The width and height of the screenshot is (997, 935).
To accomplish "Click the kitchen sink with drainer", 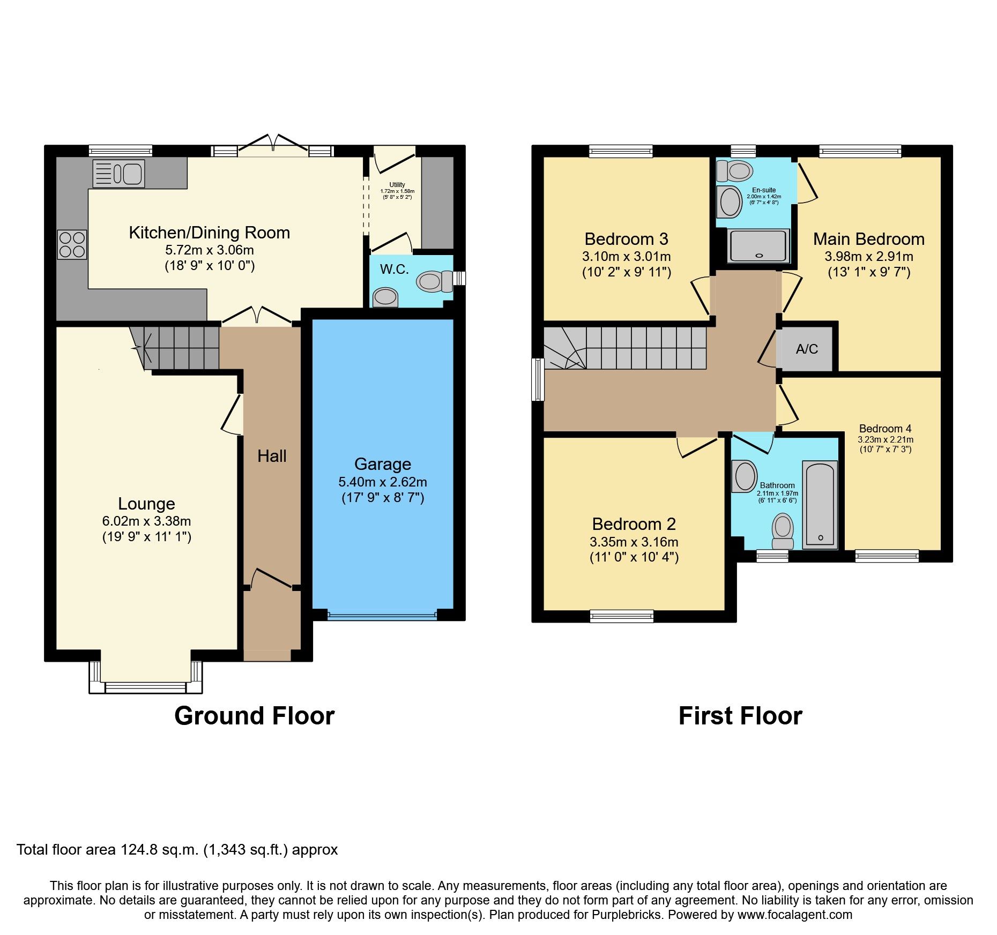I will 118,174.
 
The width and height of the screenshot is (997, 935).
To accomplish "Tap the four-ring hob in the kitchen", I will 72,245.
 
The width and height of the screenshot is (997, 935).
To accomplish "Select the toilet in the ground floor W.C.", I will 434,281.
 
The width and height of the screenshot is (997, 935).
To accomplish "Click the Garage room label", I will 383,464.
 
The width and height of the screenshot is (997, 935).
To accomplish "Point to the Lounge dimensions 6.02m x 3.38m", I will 146,521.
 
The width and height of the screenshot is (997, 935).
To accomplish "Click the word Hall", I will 272,456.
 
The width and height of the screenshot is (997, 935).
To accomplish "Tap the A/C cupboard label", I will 807,349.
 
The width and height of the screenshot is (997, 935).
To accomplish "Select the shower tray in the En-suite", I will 758,246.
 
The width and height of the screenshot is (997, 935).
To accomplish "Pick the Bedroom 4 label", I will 885,429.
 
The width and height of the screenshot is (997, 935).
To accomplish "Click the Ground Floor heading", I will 255,716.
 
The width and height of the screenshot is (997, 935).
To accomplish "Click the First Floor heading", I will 740,716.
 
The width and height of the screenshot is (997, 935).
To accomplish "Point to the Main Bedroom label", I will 869,239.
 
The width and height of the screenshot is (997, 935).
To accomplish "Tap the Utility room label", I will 397,185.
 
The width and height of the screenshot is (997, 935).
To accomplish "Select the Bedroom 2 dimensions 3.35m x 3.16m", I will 634,542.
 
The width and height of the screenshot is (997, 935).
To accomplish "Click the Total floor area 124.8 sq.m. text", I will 177,849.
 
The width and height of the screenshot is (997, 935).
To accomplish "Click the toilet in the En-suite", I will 735,171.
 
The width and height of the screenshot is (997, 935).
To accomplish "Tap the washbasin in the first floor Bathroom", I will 745,476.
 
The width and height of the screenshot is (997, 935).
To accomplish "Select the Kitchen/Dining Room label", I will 210,233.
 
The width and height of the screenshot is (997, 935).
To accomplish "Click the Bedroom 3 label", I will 626,239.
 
